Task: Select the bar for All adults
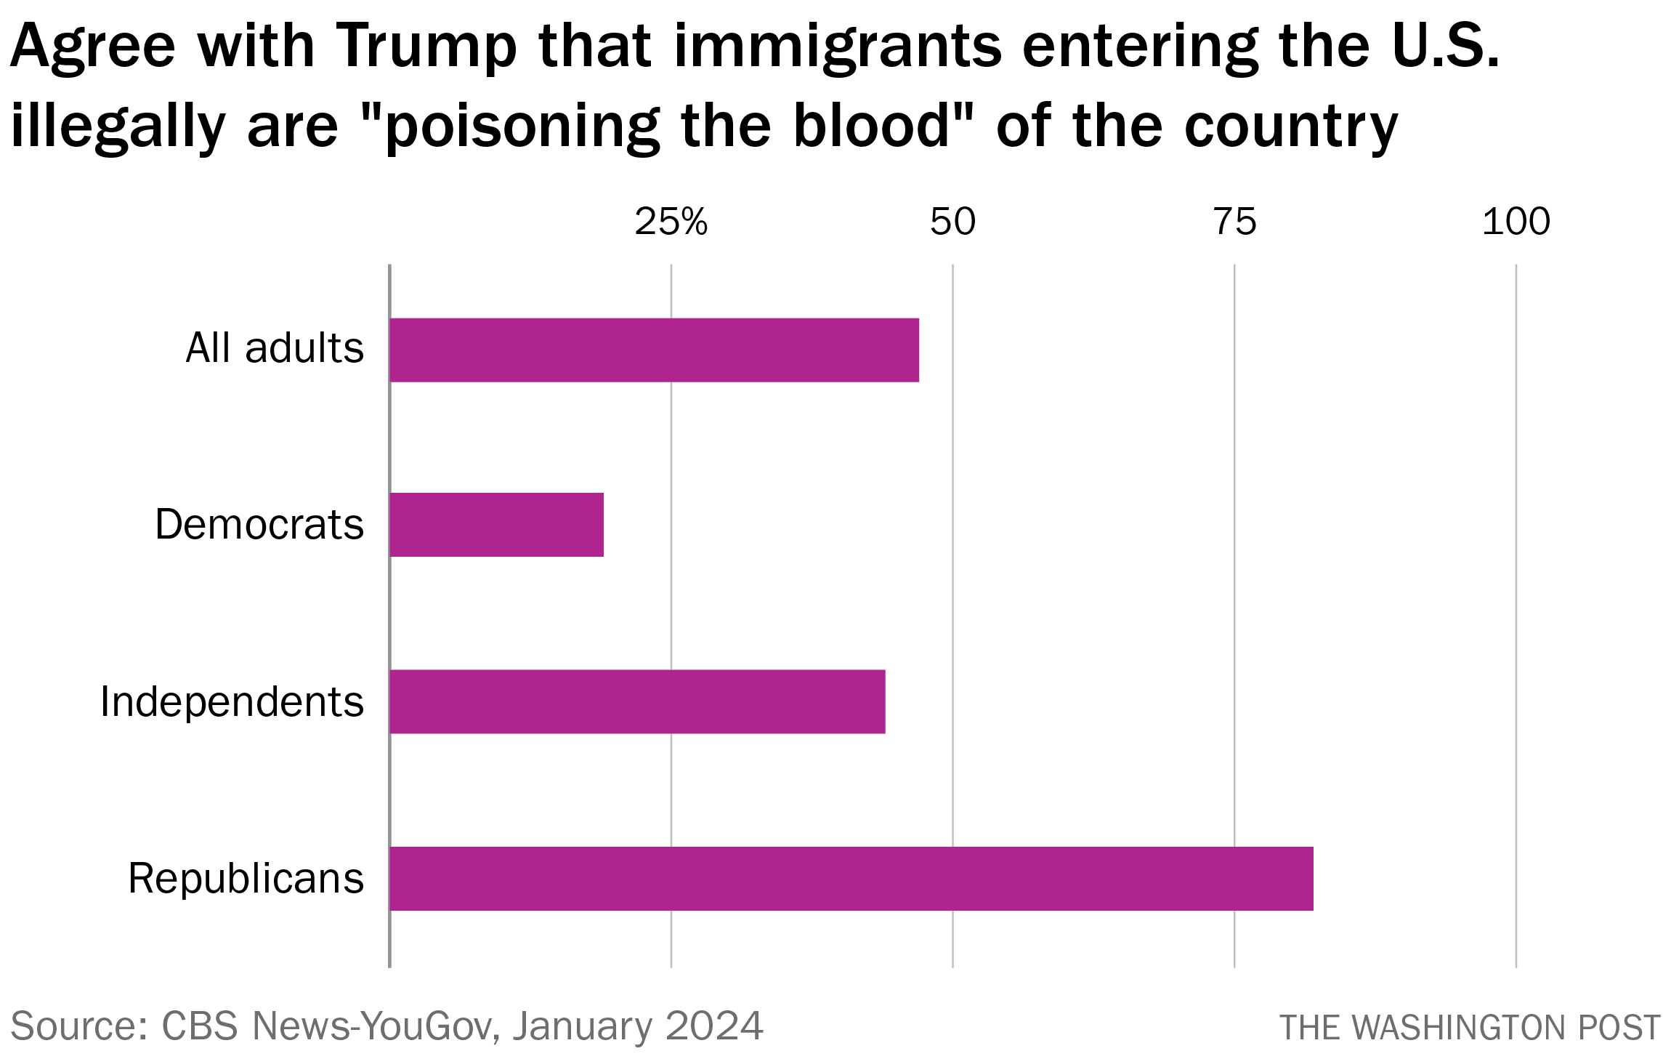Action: [654, 350]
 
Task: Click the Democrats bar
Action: [496, 525]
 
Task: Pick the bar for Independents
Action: [637, 701]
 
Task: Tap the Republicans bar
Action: [851, 878]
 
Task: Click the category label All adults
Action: [275, 348]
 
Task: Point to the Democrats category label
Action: [259, 525]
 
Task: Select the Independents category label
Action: [232, 702]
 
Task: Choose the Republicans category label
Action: [246, 878]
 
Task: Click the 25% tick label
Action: [671, 222]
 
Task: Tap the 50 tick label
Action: [952, 222]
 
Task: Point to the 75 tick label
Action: [1234, 222]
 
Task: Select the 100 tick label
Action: [1516, 222]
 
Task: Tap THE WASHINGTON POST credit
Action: [1470, 1028]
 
